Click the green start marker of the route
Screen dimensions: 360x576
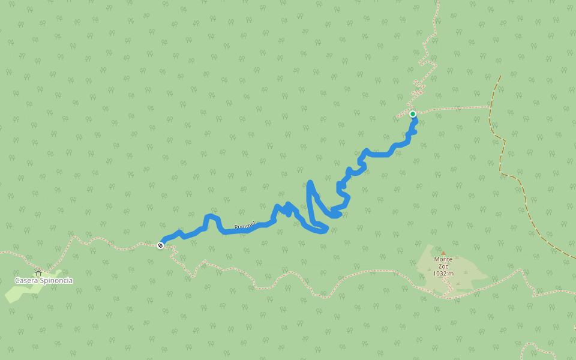tap(413, 114)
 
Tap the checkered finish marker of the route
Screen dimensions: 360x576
tap(160, 245)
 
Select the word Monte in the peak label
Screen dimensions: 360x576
tap(443, 259)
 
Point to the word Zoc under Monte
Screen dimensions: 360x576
tap(443, 266)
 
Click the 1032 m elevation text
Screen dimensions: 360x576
tap(443, 274)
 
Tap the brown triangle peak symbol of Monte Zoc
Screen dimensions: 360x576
tap(443, 253)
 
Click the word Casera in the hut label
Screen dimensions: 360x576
tap(29, 281)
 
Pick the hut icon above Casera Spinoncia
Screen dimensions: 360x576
tap(38, 273)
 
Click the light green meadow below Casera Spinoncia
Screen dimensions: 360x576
tap(18, 293)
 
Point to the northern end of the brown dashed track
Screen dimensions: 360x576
tap(500, 76)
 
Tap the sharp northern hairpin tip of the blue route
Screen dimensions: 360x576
tap(310, 182)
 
